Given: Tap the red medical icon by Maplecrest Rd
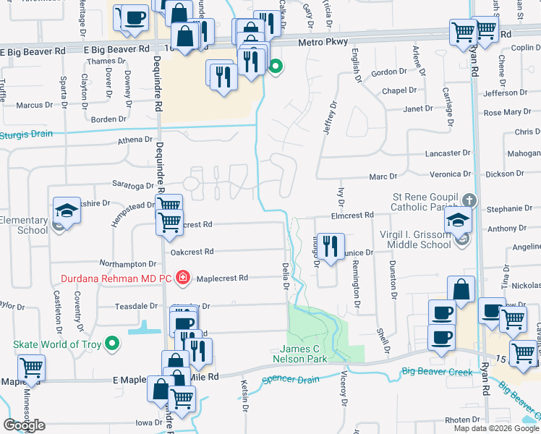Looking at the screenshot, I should [183, 277].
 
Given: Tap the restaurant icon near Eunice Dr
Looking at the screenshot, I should [331, 246].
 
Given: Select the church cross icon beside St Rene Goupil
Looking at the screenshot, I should [469, 199].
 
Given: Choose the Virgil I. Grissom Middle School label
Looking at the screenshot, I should [416, 239].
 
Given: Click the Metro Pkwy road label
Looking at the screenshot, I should [324, 43].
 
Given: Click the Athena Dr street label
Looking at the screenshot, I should [130, 140].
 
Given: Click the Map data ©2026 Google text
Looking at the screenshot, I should [495, 428].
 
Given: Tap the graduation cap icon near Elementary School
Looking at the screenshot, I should [67, 211].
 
